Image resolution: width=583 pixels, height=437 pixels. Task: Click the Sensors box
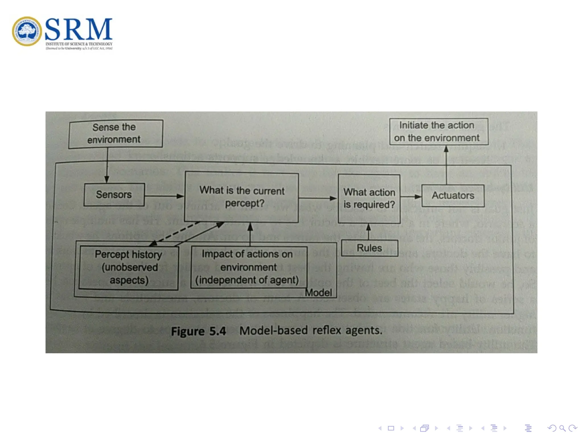[x=114, y=195]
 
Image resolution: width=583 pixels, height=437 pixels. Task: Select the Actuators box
[x=453, y=195]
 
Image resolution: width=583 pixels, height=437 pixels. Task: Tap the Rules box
[x=369, y=248]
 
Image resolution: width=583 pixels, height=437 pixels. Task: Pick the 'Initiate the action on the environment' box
[x=438, y=132]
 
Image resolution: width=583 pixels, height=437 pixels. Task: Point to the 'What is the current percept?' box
[x=241, y=197]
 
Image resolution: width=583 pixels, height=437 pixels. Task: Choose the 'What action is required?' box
[x=369, y=199]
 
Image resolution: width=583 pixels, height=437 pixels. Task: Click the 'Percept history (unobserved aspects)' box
[x=128, y=268]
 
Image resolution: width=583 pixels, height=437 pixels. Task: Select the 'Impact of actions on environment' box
[x=248, y=267]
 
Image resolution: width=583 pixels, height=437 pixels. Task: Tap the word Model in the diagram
[x=319, y=293]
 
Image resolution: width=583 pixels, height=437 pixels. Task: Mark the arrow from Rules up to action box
[x=368, y=232]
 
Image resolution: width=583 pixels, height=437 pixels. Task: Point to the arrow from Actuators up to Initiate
[x=446, y=165]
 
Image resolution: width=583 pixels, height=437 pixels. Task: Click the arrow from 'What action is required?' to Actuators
[x=410, y=196]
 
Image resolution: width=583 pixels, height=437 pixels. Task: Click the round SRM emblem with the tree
[x=27, y=31]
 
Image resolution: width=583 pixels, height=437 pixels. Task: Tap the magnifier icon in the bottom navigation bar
[x=562, y=428]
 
